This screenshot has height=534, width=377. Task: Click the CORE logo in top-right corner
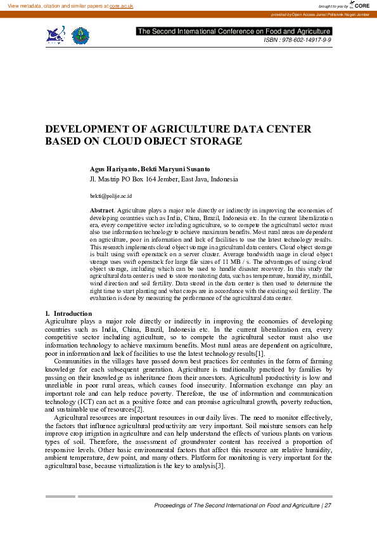click(359, 5)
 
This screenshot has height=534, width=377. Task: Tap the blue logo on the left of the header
click(56, 35)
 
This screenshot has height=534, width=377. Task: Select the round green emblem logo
click(80, 36)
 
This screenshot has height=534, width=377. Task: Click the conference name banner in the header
click(234, 31)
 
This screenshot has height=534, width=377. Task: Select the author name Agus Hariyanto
click(114, 169)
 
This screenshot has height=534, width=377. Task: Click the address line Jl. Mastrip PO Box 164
click(134, 179)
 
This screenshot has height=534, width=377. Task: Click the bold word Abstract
click(102, 209)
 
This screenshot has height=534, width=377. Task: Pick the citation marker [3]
click(219, 467)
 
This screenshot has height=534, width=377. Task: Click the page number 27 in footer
click(328, 505)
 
